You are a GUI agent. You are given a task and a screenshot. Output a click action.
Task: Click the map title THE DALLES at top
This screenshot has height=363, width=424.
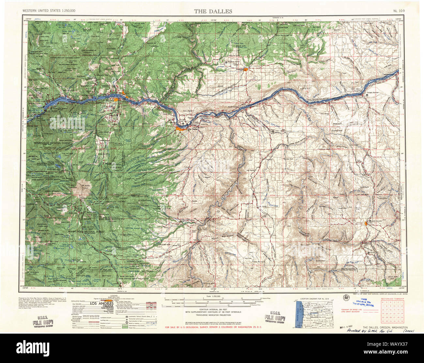point(213,11)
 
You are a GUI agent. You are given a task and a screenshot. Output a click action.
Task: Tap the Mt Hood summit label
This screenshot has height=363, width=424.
point(80,189)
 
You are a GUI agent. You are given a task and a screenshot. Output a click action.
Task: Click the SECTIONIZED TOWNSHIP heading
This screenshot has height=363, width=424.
point(392,299)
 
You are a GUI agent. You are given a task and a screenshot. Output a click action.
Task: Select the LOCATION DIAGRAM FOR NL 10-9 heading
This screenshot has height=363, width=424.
point(313,299)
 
